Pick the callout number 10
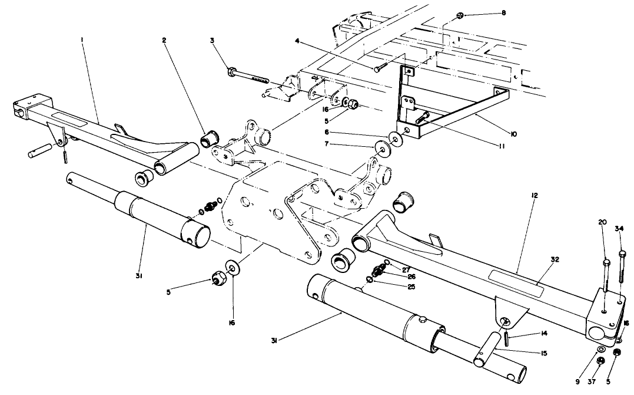tap(513, 134)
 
